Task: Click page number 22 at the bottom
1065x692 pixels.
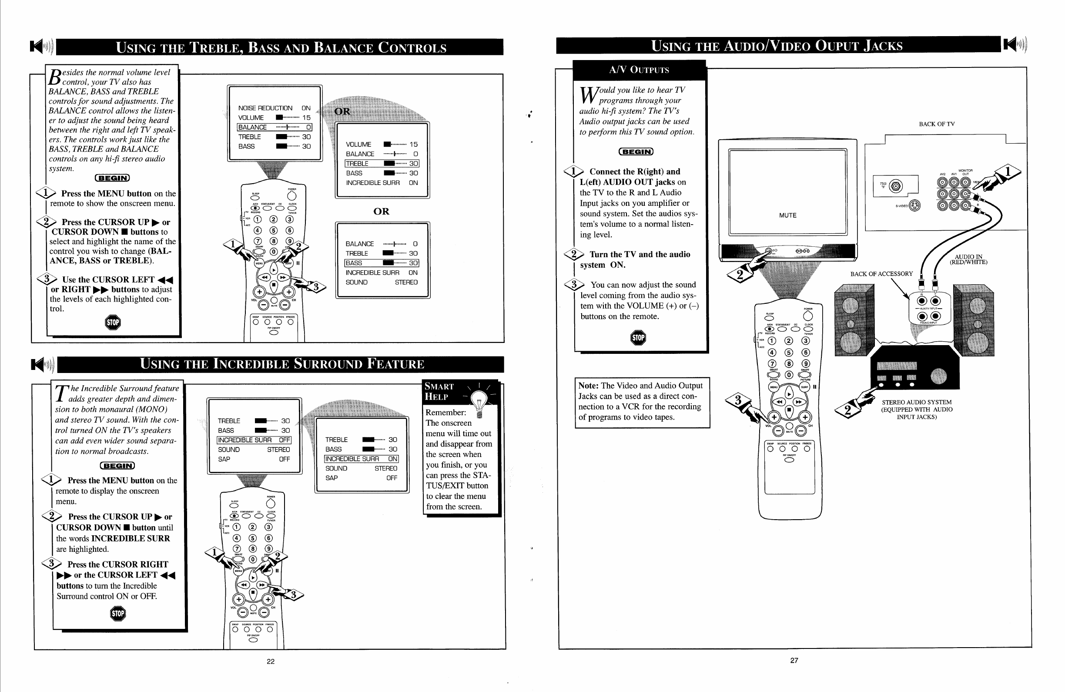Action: tap(270, 661)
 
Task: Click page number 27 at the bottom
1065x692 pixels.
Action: tap(794, 660)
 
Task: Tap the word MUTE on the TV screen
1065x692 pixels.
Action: tap(787, 215)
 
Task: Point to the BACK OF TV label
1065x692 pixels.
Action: tap(937, 124)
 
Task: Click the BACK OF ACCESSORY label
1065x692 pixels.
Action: tap(881, 274)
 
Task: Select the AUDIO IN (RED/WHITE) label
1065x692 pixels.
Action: tap(968, 260)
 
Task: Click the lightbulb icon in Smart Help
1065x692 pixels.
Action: tap(479, 399)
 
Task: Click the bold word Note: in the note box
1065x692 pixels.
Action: tap(588, 386)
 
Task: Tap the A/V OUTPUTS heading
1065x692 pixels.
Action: tap(639, 70)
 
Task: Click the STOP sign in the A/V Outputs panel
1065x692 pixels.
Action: tap(638, 337)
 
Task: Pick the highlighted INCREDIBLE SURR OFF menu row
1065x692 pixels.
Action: tap(254, 440)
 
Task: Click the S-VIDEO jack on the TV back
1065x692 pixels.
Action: tap(914, 205)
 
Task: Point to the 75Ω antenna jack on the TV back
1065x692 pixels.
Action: tap(895, 186)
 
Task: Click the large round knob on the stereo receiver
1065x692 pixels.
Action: tap(938, 376)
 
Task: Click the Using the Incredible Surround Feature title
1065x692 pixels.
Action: tap(282, 364)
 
